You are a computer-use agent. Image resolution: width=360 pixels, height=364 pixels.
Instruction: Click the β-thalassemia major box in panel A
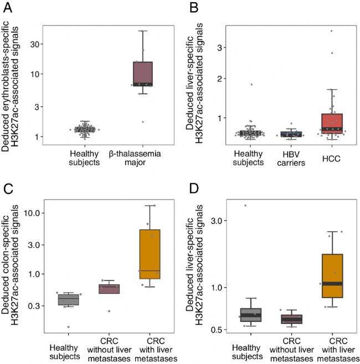[x=142, y=74]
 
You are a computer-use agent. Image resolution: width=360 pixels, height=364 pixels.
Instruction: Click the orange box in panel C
[x=150, y=254]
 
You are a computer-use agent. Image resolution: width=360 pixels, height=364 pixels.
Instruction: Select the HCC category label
[x=331, y=159]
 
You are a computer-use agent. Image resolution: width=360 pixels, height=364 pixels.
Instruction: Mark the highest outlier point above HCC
[x=331, y=31]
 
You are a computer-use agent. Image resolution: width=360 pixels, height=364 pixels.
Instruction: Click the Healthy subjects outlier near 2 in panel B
[x=251, y=84]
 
